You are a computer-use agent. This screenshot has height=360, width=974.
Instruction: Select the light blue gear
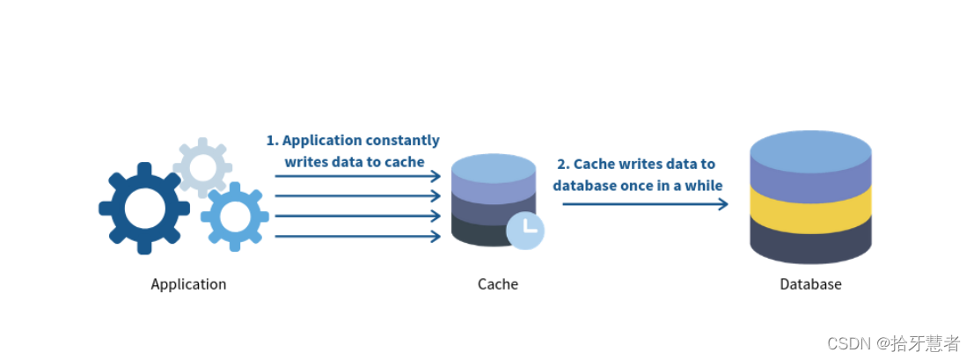coord(235,215)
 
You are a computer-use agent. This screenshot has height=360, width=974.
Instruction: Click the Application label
coord(188,284)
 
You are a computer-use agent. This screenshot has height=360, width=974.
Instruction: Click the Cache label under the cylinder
coord(498,284)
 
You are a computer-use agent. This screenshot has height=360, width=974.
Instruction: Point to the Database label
coord(810,284)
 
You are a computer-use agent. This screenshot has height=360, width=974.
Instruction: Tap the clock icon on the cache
coord(525,230)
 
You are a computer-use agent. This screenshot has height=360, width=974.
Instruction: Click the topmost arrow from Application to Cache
coord(357,176)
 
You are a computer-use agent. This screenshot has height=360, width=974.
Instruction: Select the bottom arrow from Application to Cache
coord(357,236)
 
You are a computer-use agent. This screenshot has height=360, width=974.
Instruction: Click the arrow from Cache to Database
coord(645,204)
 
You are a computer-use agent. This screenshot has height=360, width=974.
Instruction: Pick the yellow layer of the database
coord(810,203)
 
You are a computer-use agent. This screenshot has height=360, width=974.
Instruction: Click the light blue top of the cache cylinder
coord(494,166)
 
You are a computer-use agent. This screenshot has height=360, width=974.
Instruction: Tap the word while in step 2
coord(704,186)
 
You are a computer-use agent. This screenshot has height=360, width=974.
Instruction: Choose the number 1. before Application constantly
coord(272,141)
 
